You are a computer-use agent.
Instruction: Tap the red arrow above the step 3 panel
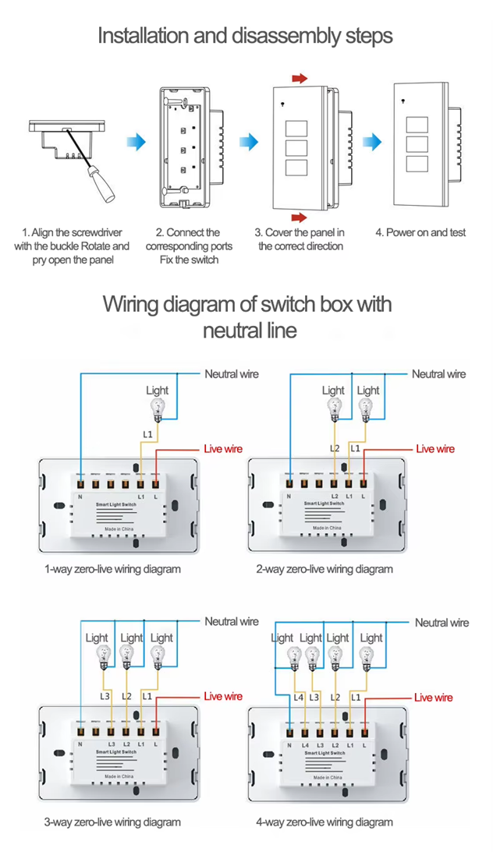tap(299, 78)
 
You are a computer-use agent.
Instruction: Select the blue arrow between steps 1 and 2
tap(136, 141)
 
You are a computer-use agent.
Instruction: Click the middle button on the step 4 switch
tap(418, 145)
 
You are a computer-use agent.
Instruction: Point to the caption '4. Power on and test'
tap(420, 232)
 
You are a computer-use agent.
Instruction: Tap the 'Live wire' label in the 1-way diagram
tap(223, 448)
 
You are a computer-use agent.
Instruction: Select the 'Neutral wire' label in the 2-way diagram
tap(438, 374)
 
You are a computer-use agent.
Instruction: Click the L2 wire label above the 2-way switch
tap(335, 449)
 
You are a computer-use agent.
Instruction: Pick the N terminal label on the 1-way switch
tap(80, 497)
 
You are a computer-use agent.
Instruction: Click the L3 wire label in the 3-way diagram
tap(105, 696)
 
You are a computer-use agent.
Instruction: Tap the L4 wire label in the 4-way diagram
tap(297, 697)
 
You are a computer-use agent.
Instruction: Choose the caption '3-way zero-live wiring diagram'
tap(112, 822)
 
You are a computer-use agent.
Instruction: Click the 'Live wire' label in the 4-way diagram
tap(433, 698)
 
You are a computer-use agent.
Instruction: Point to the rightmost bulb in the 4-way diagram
tap(366, 659)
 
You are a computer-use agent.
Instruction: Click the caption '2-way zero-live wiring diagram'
tap(325, 569)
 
